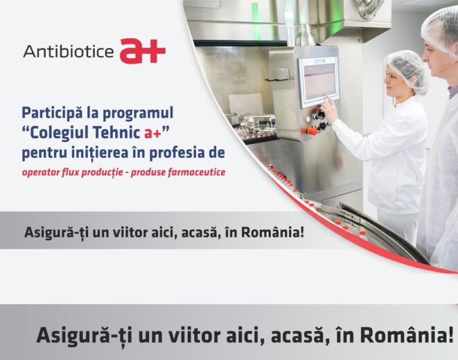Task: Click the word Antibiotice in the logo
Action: (69, 51)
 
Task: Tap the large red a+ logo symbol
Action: (143, 51)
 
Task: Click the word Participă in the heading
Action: (52, 114)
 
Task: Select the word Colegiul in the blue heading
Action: (61, 133)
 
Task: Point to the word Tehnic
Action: (118, 133)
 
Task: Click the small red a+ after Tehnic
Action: (152, 134)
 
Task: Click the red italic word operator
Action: (41, 172)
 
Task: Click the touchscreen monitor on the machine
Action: (318, 82)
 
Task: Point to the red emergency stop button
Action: (310, 130)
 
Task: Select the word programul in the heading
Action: (138, 114)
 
